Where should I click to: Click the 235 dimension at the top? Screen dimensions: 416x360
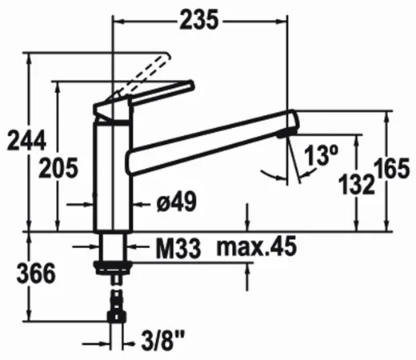click(199, 19)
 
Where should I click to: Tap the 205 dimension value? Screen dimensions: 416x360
click(58, 168)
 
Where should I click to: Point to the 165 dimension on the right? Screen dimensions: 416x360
click(391, 168)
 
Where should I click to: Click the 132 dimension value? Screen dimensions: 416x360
click(357, 184)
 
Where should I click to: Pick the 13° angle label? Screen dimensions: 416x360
click(321, 155)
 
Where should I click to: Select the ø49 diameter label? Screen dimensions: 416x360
click(177, 202)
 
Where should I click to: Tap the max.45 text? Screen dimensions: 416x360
click(257, 246)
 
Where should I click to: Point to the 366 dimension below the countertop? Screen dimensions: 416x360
click(36, 274)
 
